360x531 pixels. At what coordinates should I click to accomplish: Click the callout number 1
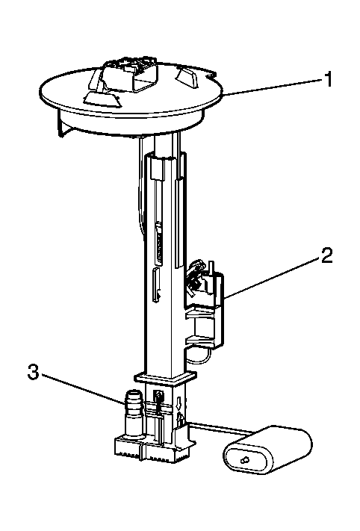[327, 79]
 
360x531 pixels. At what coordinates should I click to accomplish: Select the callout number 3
[33, 372]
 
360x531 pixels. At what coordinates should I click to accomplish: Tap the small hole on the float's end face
[244, 460]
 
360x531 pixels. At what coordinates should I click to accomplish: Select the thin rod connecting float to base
[221, 427]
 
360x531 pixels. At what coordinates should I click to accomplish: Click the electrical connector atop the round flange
[131, 75]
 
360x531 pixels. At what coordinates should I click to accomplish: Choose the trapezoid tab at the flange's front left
[101, 98]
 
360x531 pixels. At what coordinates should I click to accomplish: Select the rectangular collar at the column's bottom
[165, 379]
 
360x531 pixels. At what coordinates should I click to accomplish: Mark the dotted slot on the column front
[159, 243]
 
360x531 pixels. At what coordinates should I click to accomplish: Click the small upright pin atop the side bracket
[211, 267]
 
